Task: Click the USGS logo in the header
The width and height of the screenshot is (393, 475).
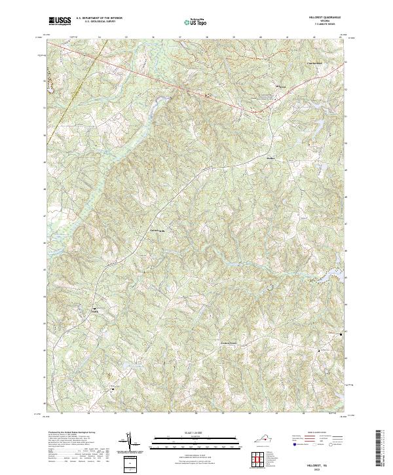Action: pos(58,22)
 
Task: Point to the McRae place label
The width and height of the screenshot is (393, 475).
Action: pos(253,157)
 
